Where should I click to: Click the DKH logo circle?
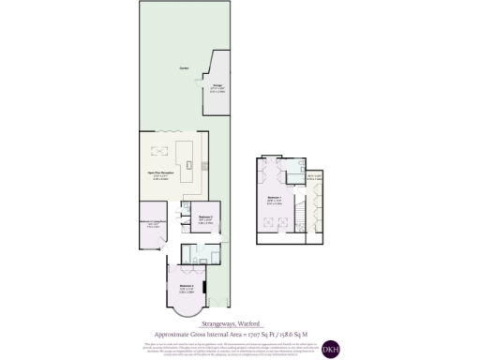coord(331,349)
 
